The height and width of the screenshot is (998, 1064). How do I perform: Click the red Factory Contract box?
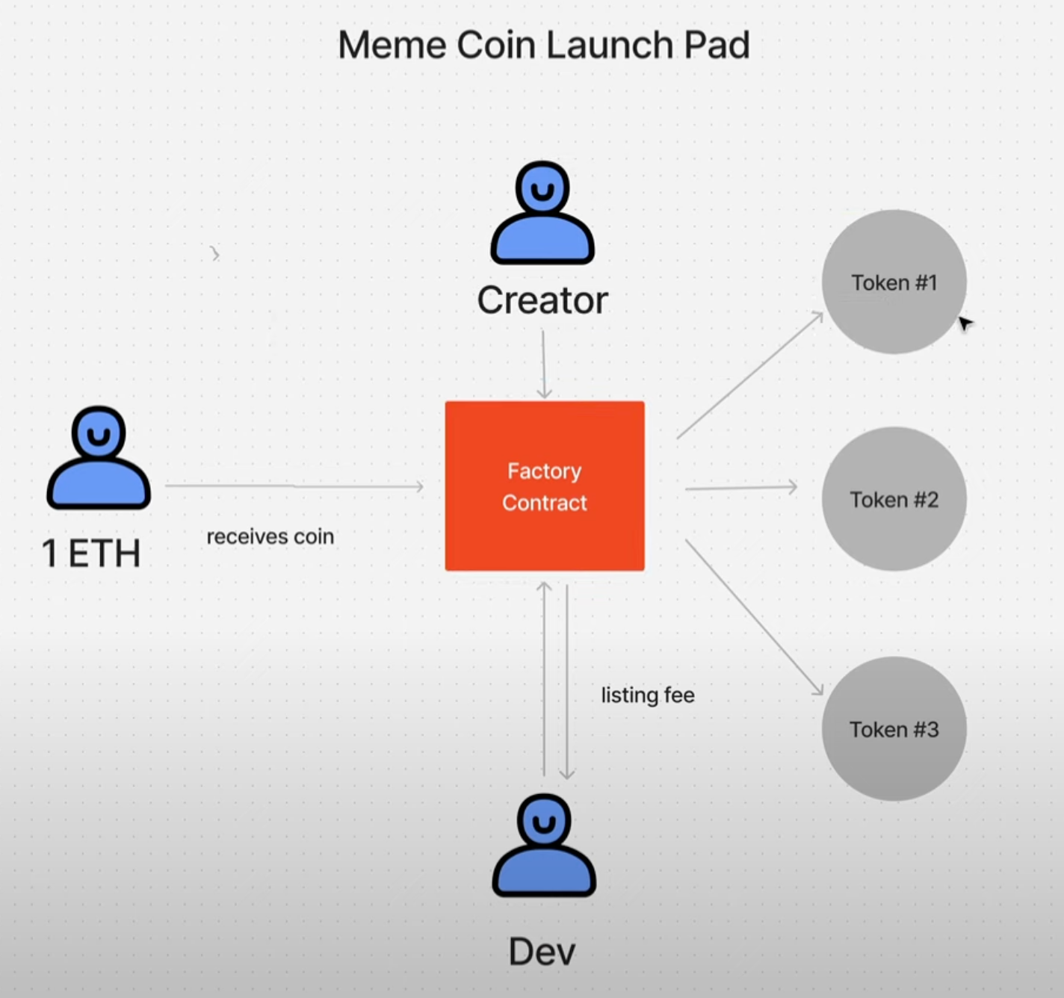pyautogui.click(x=545, y=486)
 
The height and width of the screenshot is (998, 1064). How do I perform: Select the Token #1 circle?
pyautogui.click(x=894, y=282)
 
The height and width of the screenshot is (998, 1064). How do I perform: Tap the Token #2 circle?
pyautogui.click(x=894, y=499)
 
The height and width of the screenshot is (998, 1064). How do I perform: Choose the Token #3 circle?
pyautogui.click(x=894, y=729)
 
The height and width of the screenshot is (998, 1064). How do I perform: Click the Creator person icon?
pyautogui.click(x=542, y=214)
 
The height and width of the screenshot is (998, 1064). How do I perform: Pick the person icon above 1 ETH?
pyautogui.click(x=99, y=459)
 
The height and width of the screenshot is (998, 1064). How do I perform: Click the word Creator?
pyautogui.click(x=542, y=300)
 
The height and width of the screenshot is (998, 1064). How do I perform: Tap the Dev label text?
pyautogui.click(x=542, y=952)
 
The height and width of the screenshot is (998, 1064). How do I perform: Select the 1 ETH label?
pyautogui.click(x=91, y=554)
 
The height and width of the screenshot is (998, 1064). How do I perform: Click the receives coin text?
pyautogui.click(x=270, y=536)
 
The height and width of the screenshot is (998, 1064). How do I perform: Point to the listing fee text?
pyautogui.click(x=648, y=695)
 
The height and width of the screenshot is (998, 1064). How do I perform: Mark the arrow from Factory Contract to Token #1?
pyautogui.click(x=749, y=376)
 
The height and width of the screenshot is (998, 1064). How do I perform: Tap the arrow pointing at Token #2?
pyautogui.click(x=740, y=488)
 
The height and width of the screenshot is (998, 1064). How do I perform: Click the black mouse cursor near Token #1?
pyautogui.click(x=965, y=323)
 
